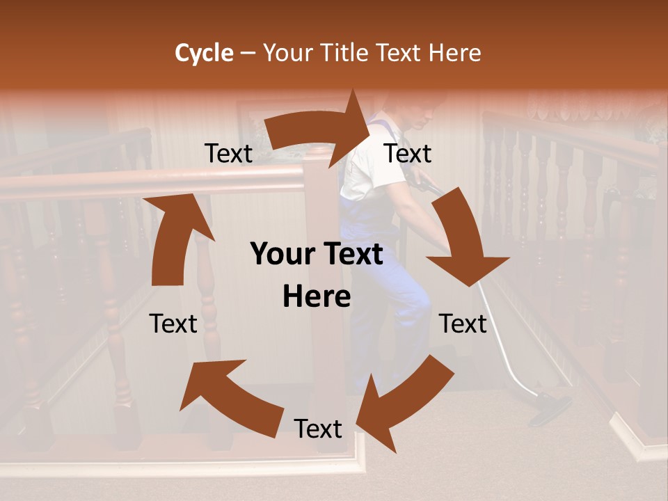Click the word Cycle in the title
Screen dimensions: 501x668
[x=204, y=53]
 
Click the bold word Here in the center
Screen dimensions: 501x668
[x=317, y=297]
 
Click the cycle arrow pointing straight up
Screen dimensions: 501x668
[x=174, y=237]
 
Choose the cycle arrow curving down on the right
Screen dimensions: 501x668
[x=462, y=237]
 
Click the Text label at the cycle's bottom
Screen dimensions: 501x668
[x=318, y=429]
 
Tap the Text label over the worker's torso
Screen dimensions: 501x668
[x=408, y=154]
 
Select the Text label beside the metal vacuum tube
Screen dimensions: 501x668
[x=463, y=324]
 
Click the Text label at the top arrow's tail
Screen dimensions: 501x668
[x=229, y=154]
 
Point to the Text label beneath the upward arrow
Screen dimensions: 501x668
[x=173, y=324]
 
